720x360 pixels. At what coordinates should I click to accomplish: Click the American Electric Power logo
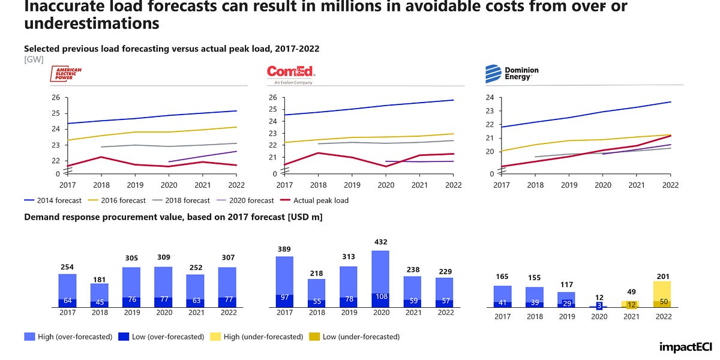[x=68, y=74]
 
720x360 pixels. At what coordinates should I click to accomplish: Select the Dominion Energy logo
[x=512, y=74]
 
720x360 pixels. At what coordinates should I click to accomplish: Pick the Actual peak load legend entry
[x=320, y=200]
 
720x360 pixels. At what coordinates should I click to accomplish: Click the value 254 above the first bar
[x=67, y=267]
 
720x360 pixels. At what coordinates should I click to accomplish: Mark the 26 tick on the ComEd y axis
[x=272, y=98]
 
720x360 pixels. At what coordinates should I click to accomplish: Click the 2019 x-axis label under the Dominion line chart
[x=569, y=185]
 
